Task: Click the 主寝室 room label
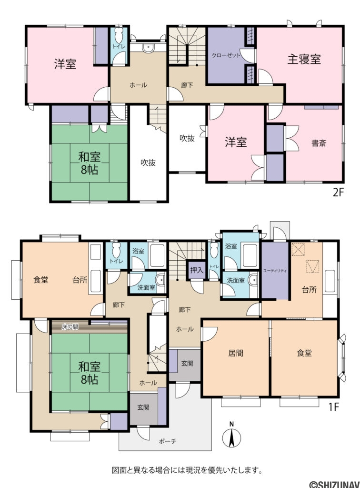pyautogui.click(x=304, y=59)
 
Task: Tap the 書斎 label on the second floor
pyautogui.click(x=319, y=142)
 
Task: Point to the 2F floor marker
pyautogui.click(x=338, y=193)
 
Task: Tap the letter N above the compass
pyautogui.click(x=231, y=424)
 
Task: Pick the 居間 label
pyautogui.click(x=236, y=353)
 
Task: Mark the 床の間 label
pyautogui.click(x=70, y=327)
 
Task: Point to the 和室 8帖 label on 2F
pyautogui.click(x=89, y=163)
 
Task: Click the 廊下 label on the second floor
pyautogui.click(x=187, y=85)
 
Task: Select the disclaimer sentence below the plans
pyautogui.click(x=187, y=471)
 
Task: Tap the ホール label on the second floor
pyautogui.click(x=138, y=85)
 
